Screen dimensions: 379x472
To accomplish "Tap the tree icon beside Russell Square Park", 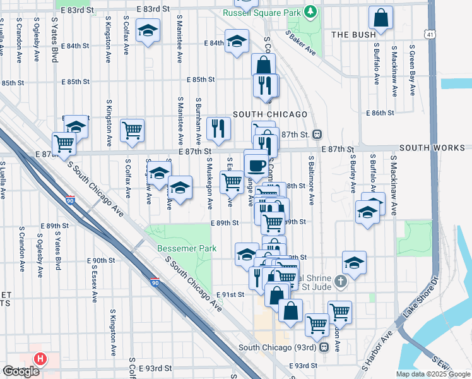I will click(310, 11).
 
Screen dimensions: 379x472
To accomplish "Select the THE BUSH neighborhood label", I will click(350, 35).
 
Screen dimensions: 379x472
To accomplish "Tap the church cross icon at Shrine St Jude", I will click(341, 281).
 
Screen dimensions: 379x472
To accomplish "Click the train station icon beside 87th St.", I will click(317, 134).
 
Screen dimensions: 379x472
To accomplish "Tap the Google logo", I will click(21, 371).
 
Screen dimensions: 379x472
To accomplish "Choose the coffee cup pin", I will click(256, 165).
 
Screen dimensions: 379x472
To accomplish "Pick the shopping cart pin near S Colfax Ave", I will click(133, 130).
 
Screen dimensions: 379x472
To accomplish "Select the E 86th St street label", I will click(381, 112).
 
